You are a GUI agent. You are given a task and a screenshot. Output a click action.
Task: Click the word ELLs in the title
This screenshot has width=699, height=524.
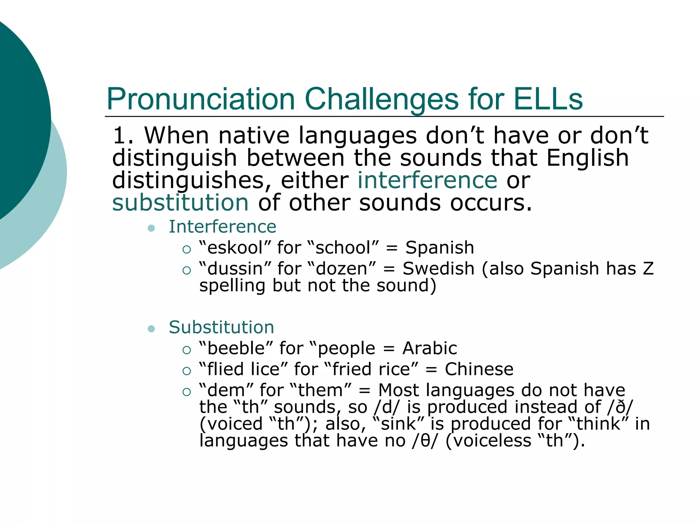[548, 99]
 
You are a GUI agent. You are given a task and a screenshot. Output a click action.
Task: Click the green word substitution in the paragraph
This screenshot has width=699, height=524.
[180, 203]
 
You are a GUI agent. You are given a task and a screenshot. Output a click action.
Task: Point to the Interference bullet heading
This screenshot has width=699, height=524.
[223, 227]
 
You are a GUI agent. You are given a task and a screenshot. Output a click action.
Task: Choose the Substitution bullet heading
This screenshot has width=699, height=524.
[222, 327]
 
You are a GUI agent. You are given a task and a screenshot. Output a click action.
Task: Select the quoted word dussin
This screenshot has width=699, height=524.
[235, 269]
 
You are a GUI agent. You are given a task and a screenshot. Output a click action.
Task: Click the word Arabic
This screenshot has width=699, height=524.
[430, 348]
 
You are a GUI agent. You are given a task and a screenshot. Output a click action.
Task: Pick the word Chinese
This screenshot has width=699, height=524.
[479, 369]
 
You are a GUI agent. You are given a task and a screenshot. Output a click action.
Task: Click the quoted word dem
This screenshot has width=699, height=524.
[226, 390]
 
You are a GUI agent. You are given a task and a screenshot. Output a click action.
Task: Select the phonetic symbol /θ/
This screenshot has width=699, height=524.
[424, 440]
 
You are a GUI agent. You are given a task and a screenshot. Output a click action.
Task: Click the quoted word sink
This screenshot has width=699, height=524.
[398, 424]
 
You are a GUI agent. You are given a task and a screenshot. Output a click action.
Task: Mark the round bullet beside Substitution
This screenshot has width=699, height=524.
[152, 329]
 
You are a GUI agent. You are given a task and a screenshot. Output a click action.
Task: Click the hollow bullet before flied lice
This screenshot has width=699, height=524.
[186, 371]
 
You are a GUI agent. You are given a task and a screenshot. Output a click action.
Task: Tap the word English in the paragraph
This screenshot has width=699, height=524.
[587, 158]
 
